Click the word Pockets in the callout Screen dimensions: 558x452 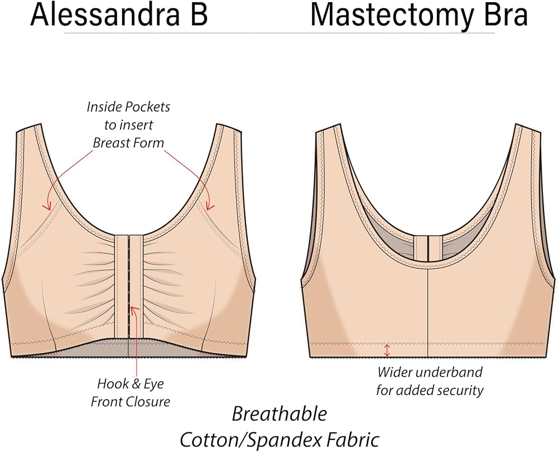[149, 107]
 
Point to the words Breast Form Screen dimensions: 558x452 [128, 143]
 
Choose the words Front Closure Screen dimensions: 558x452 [130, 402]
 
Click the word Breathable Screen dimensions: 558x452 [280, 414]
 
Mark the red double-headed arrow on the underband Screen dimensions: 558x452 [387, 350]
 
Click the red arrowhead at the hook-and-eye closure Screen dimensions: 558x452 [134, 311]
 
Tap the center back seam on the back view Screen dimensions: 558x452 [427, 312]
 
